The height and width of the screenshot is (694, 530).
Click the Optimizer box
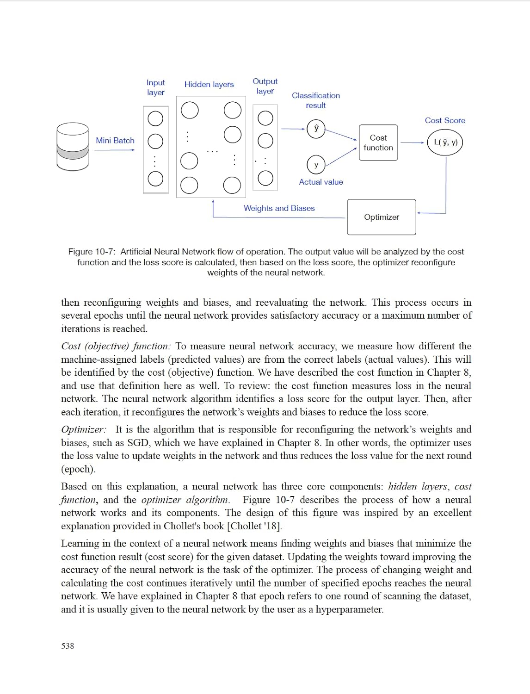[381, 217]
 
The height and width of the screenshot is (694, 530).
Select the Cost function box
[378, 143]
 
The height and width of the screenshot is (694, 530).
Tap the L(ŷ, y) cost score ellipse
[445, 143]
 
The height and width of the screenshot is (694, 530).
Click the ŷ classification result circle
[316, 129]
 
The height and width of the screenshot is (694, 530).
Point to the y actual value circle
[316, 165]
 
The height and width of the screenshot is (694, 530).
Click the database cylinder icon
[73, 147]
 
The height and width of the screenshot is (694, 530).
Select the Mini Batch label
[115, 141]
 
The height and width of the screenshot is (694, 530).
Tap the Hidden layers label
[209, 85]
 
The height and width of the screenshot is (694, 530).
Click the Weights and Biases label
[279, 209]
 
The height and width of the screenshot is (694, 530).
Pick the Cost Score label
[445, 121]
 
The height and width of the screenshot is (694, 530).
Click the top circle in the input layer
[155, 118]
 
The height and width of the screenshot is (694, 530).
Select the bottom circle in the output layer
[265, 178]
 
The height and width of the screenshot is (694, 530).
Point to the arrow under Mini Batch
[114, 150]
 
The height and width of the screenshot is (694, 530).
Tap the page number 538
[68, 646]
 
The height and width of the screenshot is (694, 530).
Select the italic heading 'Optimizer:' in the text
[84, 430]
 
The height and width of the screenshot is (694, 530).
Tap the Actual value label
[320, 182]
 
